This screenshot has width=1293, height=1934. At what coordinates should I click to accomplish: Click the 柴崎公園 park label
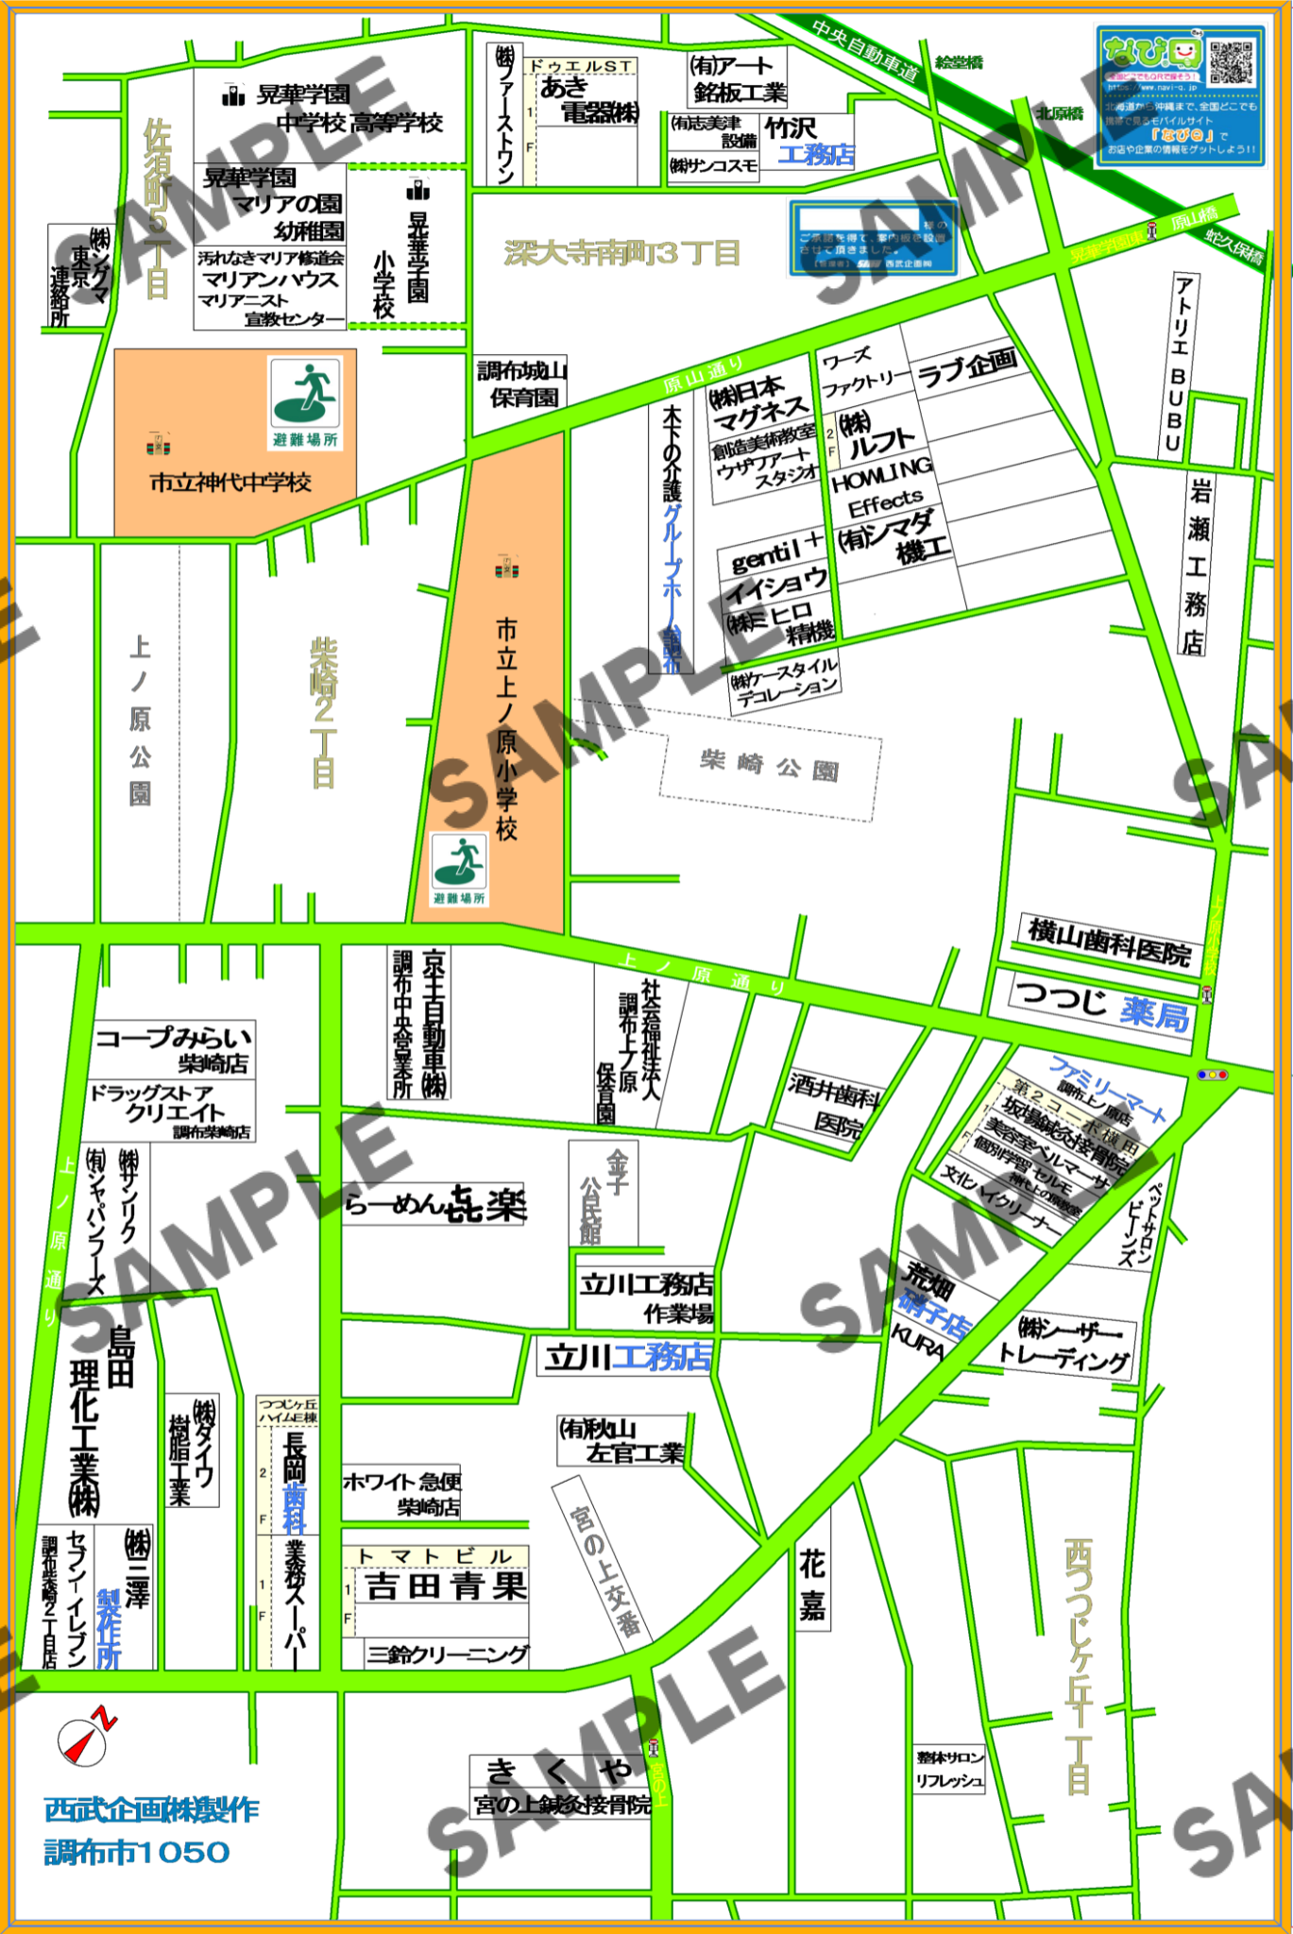coord(769,766)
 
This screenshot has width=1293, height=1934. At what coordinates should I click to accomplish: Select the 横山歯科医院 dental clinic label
coord(1108,942)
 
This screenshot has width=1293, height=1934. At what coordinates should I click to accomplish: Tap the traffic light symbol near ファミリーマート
coord(1212,1075)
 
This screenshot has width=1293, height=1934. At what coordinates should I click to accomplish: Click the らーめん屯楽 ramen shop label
coord(435,1204)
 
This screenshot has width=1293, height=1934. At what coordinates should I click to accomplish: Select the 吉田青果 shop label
coord(445,1586)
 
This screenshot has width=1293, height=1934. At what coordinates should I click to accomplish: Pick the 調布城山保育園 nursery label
coord(521,384)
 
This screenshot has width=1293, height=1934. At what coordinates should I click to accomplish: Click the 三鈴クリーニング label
coord(448,1654)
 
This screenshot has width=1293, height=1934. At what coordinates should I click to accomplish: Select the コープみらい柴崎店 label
coord(174,1049)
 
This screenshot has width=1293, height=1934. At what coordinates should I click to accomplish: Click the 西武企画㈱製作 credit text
coord(151,1809)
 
